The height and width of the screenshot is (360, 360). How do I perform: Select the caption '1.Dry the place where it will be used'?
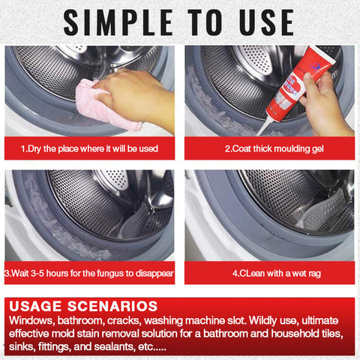click(89, 148)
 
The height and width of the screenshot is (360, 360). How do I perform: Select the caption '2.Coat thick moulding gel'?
click(269, 148)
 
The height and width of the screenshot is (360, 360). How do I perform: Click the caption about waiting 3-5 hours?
click(89, 274)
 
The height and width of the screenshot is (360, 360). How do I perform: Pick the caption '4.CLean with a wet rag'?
click(269, 274)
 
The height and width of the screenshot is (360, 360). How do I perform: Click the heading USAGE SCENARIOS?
click(83, 306)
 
